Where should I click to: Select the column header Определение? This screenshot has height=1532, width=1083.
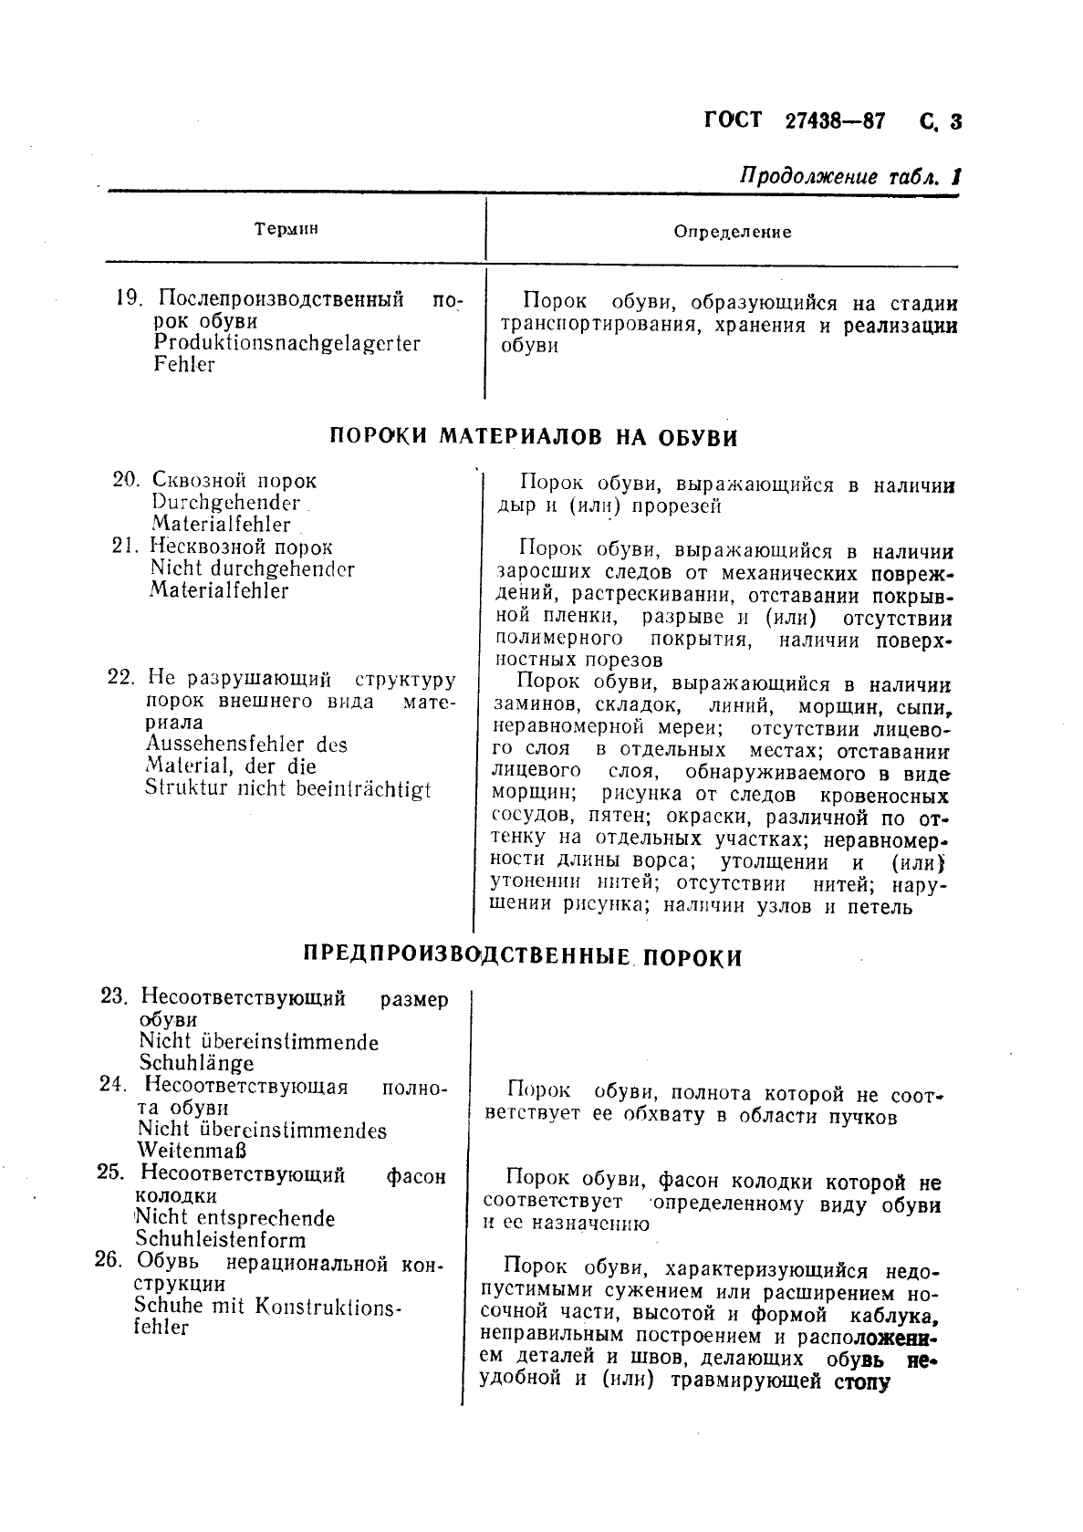pyautogui.click(x=732, y=232)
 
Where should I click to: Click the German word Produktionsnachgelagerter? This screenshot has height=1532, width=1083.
pyautogui.click(x=286, y=343)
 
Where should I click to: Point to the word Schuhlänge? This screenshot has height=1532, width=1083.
pyautogui.click(x=196, y=1062)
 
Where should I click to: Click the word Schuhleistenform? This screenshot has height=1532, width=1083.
pyautogui.click(x=220, y=1239)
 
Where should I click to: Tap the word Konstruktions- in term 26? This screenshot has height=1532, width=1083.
pyautogui.click(x=328, y=1306)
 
